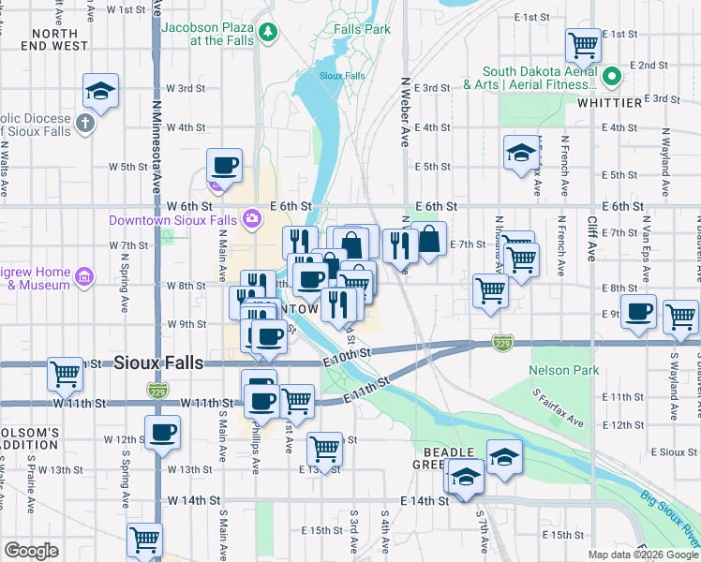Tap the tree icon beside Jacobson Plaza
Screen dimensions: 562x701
(270, 33)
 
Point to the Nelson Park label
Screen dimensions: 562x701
(563, 371)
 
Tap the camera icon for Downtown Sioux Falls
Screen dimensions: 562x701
(251, 219)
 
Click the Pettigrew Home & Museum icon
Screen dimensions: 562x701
(84, 277)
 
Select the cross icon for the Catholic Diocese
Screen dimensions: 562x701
(85, 123)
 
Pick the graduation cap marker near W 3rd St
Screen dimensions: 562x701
(99, 91)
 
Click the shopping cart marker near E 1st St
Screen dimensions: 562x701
(583, 43)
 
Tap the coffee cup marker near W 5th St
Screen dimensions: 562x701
(224, 166)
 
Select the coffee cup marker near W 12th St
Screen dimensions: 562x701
(162, 432)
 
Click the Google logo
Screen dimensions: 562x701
(31, 550)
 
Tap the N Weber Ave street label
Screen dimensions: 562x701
(406, 112)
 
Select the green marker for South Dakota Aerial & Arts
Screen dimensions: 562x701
(612, 77)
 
